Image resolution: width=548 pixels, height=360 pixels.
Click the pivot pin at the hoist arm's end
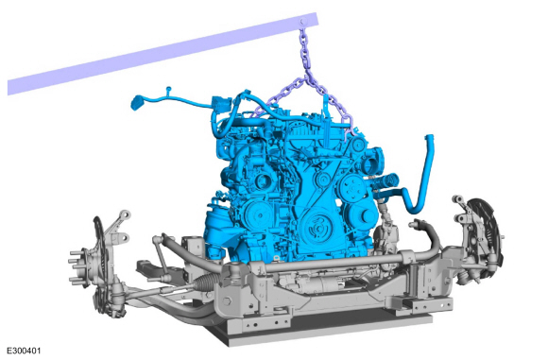(303, 22)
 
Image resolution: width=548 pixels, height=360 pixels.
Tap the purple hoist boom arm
(163, 54)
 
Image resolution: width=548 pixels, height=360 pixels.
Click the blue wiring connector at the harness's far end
(136, 102)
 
